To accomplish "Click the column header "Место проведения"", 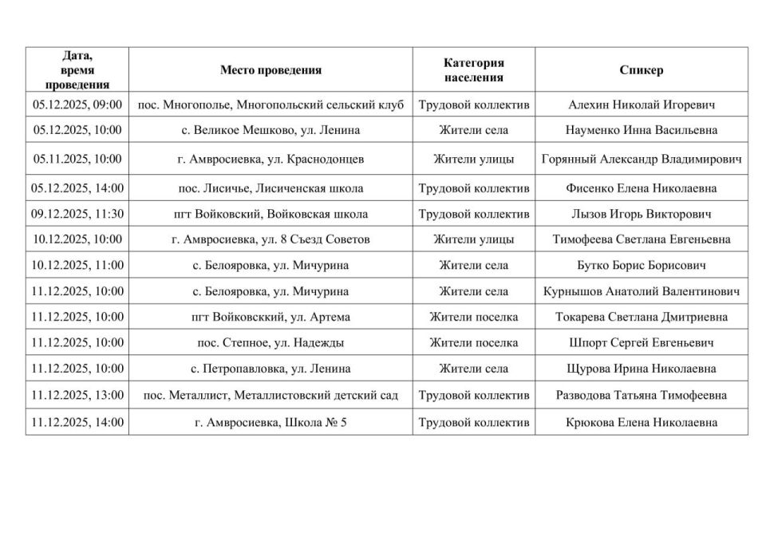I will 270,70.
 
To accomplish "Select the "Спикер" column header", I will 641,70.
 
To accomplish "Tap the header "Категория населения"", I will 473,70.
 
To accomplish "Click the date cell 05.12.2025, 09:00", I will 77,105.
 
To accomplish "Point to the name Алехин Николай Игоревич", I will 641,105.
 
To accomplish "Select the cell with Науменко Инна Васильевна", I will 641,130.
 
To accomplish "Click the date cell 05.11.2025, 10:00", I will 77,159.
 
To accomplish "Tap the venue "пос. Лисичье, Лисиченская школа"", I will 270,188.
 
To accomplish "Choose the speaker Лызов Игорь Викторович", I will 641,214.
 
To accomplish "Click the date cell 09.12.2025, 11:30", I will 77,214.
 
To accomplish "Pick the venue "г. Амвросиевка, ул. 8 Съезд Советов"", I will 270,239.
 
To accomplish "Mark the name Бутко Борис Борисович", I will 641,265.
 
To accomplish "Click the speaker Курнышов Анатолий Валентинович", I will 641,291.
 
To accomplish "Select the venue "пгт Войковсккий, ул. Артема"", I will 270,317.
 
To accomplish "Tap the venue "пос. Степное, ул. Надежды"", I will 270,343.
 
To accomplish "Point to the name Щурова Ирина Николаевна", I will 641,369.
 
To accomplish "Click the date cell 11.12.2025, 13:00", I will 77,395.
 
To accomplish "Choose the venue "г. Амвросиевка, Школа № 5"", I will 270,423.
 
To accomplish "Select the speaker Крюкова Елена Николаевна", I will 641,423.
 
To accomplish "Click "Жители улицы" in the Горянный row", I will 473,159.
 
